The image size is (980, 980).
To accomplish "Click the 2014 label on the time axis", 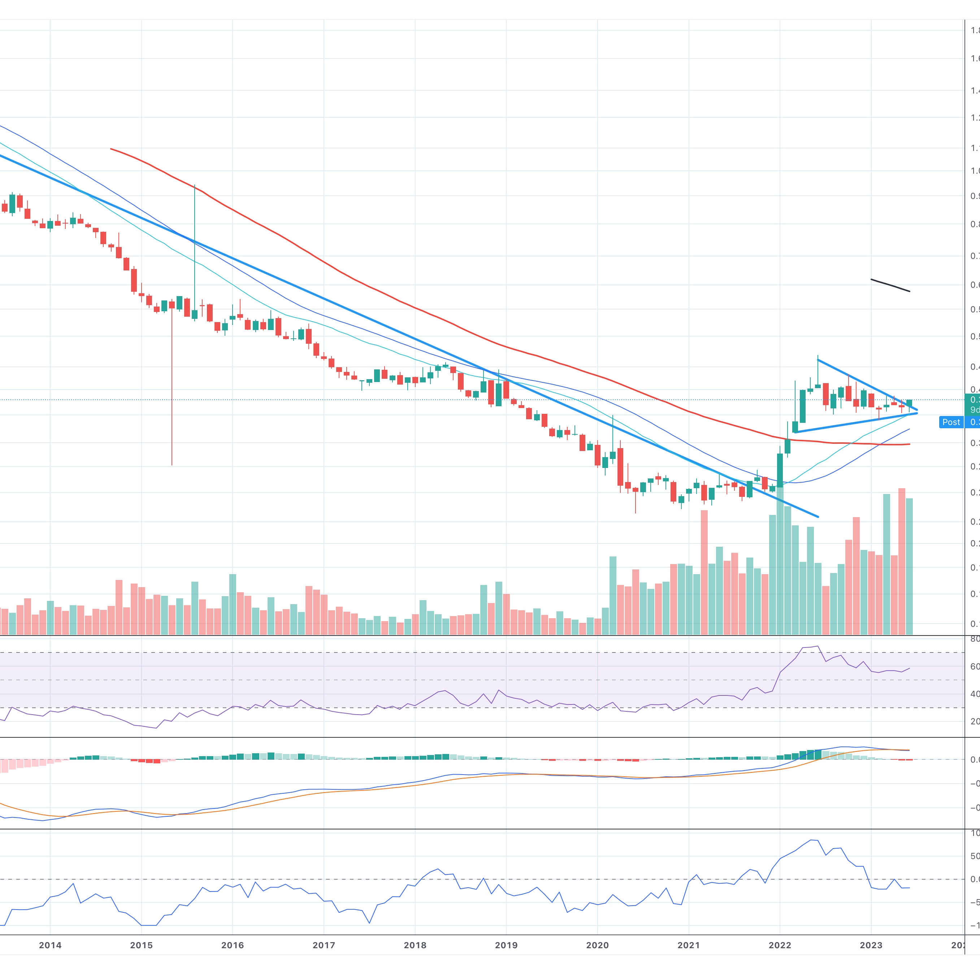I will (x=50, y=945).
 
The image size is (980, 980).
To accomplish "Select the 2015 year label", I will (x=141, y=945).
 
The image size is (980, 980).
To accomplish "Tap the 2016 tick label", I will (x=232, y=945).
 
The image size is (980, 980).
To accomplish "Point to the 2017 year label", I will (x=324, y=945).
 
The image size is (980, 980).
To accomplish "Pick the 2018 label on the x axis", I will (x=415, y=945).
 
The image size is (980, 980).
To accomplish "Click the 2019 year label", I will (x=506, y=945).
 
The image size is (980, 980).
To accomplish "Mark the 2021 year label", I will (x=688, y=945).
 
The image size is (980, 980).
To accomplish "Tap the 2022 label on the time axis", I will (x=780, y=945).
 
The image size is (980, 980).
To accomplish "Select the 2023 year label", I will (x=871, y=945).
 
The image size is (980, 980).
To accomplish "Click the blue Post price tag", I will (x=951, y=422).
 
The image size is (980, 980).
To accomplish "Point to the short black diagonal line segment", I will (x=890, y=285).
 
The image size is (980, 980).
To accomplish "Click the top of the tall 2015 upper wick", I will (x=195, y=186).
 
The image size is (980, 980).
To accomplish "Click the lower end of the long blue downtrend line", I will (x=818, y=517).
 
